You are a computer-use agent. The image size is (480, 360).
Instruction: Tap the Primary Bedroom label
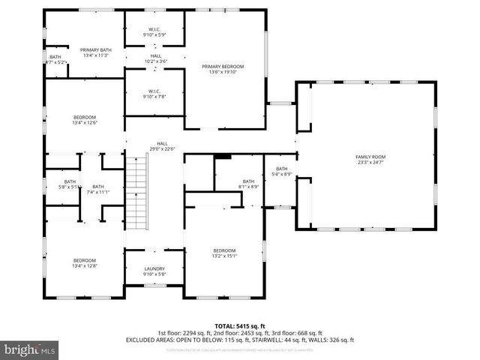(x=223, y=67)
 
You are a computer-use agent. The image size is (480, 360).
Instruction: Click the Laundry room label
(x=154, y=268)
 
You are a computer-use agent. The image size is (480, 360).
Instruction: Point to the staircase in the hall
(x=136, y=187)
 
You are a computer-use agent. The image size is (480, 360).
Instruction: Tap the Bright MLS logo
(x=30, y=349)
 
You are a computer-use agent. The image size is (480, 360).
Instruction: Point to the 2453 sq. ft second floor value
(x=247, y=333)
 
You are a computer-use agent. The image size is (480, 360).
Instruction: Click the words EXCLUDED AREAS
(x=148, y=340)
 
